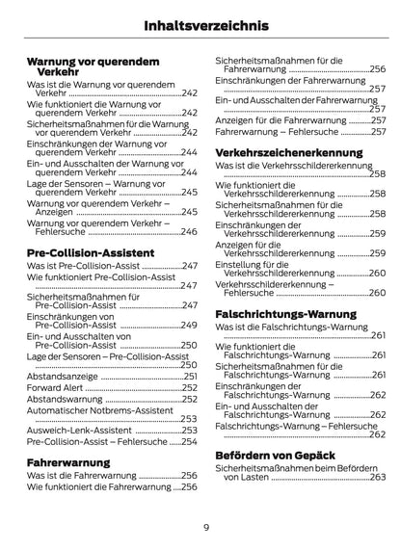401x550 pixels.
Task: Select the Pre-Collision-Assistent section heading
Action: pos(92,251)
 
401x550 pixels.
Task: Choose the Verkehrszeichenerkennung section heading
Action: pos(288,152)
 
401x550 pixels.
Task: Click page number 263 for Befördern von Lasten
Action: pos(378,476)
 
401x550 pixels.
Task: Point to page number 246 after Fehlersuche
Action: pos(190,232)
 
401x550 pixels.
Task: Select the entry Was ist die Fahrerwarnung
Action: pos(82,475)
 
